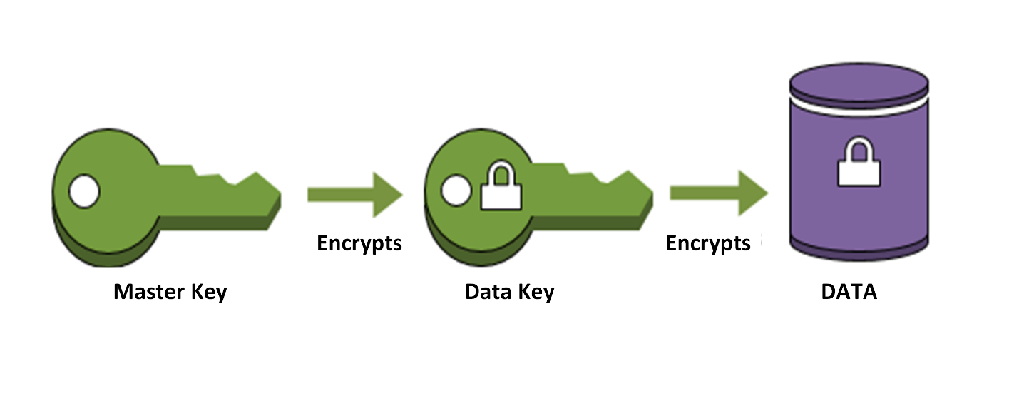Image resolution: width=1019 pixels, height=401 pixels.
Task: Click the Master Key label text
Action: tap(170, 292)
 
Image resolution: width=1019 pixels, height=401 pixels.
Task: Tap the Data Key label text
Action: tap(508, 292)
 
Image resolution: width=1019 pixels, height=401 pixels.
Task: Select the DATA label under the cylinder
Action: tap(849, 292)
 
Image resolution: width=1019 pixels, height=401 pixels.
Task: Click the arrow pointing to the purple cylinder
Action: tap(717, 194)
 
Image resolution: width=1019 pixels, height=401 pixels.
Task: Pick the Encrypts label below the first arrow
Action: tap(359, 243)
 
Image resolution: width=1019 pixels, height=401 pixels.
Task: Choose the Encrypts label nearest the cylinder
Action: tap(708, 243)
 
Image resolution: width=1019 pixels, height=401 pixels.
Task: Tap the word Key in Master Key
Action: tap(208, 293)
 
